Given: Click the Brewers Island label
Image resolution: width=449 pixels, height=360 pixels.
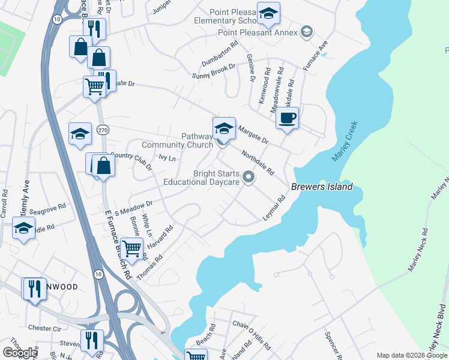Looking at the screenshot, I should point(322,187).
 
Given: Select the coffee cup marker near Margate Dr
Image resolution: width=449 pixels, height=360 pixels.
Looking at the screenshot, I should point(288,118).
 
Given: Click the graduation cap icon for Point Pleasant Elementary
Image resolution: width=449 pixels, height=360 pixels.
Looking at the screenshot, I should point(268,13).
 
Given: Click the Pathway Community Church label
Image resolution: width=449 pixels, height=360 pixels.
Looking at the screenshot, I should point(178,140).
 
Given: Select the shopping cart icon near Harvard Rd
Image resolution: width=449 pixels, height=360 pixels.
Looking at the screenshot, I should point(131,248).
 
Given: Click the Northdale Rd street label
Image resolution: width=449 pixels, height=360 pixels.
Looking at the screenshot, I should point(257,162).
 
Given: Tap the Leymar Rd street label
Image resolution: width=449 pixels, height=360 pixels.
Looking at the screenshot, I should point(274,208).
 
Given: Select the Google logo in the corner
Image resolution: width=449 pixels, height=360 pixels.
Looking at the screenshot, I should point(20,353).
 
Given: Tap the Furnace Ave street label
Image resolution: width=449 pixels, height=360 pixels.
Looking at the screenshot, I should point(315,56).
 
